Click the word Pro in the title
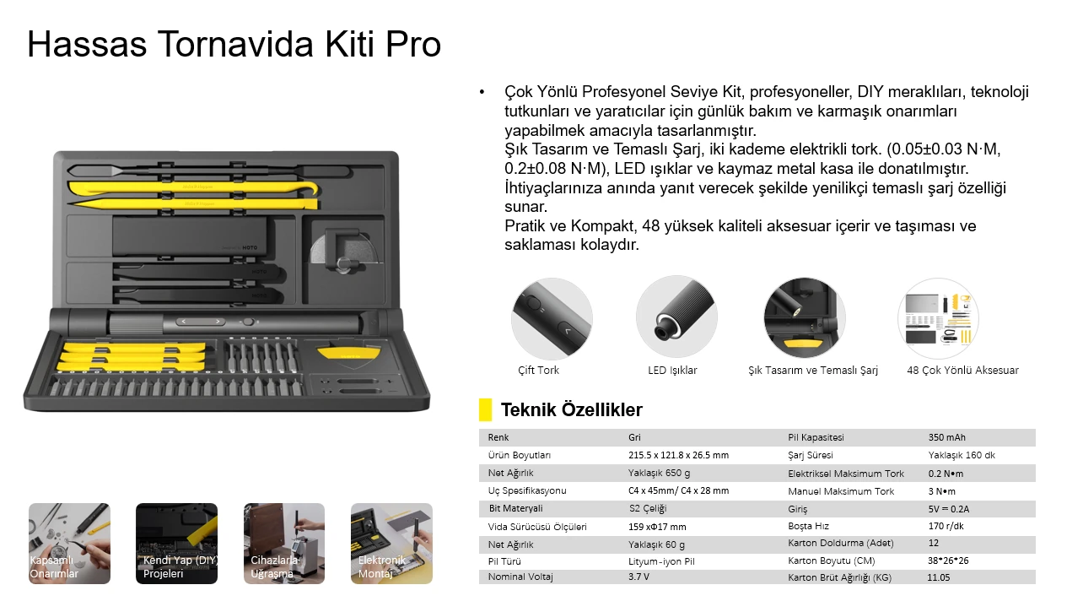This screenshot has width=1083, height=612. pyautogui.click(x=413, y=45)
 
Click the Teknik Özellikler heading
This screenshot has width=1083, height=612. pyautogui.click(x=571, y=410)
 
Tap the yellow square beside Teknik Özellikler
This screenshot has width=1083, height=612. pyautogui.click(x=485, y=410)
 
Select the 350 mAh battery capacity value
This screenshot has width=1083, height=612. pyautogui.click(x=946, y=437)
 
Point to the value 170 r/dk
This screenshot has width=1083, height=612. pyautogui.click(x=946, y=526)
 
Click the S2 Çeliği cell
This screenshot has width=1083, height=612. pyautogui.click(x=648, y=508)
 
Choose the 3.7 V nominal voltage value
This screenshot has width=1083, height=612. pyautogui.click(x=638, y=577)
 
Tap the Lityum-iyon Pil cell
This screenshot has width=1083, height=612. pyautogui.click(x=661, y=561)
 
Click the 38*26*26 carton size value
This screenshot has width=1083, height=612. pyautogui.click(x=947, y=561)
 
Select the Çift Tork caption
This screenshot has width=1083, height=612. pyautogui.click(x=538, y=371)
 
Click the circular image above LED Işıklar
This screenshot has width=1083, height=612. pyautogui.click(x=676, y=317)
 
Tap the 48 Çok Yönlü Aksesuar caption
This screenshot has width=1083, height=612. pyautogui.click(x=962, y=371)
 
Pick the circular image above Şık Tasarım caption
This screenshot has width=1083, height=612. pyautogui.click(x=804, y=317)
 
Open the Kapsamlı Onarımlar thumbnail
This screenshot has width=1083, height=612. pyautogui.click(x=69, y=544)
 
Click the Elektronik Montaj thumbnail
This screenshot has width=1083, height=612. pyautogui.click(x=391, y=544)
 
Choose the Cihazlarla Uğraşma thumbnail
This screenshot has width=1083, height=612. pyautogui.click(x=284, y=544)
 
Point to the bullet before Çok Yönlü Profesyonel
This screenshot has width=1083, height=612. pyautogui.click(x=482, y=92)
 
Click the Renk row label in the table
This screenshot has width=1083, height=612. pyautogui.click(x=498, y=437)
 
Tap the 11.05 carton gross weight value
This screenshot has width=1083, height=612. pyautogui.click(x=939, y=578)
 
